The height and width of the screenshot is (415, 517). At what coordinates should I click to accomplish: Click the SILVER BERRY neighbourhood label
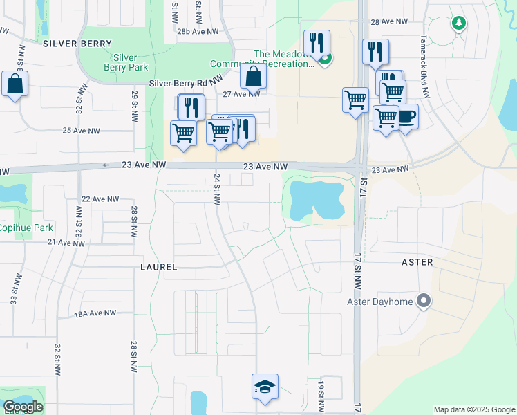(x=77, y=44)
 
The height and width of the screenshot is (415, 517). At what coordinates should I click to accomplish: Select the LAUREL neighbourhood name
(x=158, y=267)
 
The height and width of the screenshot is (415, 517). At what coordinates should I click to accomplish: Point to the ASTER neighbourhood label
(x=417, y=263)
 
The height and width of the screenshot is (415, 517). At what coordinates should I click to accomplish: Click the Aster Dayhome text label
(x=379, y=302)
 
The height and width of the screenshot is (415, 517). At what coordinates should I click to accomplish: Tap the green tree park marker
(x=458, y=24)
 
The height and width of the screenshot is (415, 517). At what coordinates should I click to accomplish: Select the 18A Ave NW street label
(x=95, y=313)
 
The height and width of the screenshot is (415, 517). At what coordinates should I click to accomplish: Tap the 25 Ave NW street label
(x=82, y=131)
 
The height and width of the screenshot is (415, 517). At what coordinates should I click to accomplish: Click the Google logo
(x=23, y=407)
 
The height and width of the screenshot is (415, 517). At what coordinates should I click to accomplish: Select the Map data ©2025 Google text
(x=473, y=409)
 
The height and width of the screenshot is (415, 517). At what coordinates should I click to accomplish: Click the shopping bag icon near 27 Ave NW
(x=254, y=76)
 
